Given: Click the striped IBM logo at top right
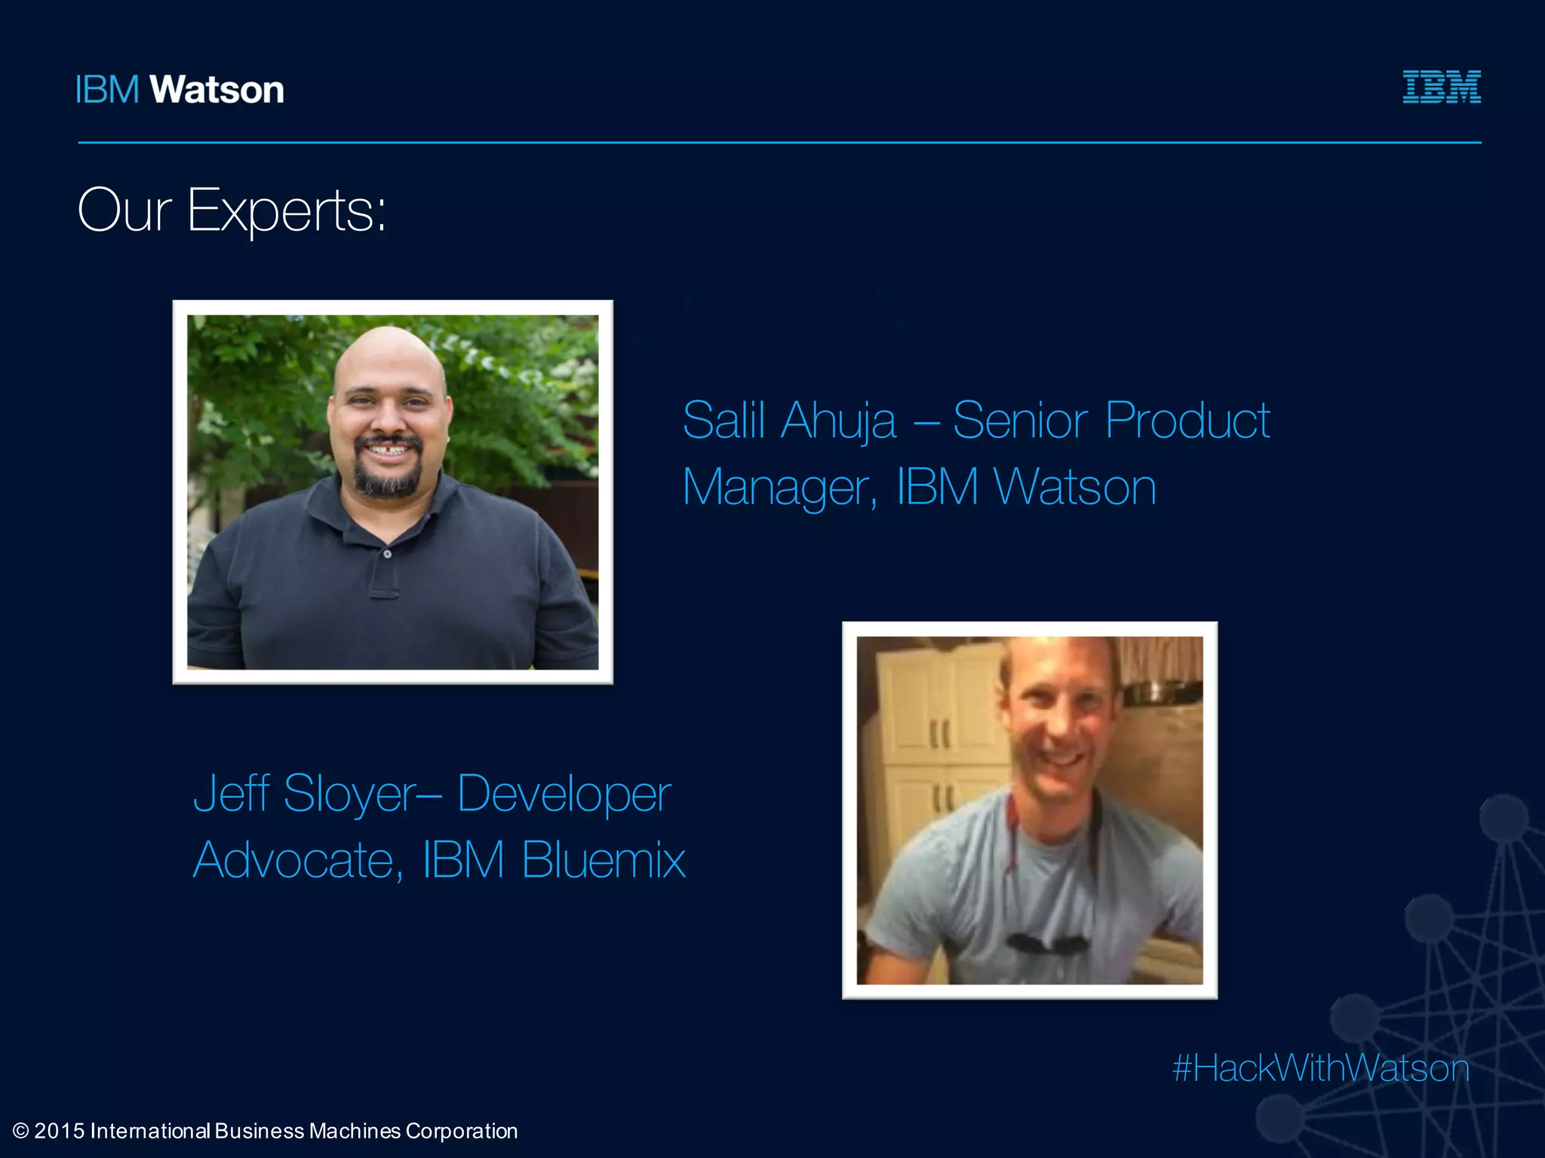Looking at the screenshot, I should pos(1442,87).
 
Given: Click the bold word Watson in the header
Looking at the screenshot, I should pos(217,90).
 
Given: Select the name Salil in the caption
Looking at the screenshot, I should pos(723,420).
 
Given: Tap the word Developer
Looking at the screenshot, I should pos(564,795).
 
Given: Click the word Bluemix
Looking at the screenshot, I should pos(604,859).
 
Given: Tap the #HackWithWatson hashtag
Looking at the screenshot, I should pos(1321,1068).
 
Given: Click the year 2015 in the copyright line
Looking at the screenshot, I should pos(59,1131).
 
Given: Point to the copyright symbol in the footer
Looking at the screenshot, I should pos(21,1131).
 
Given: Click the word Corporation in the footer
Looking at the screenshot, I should pos(462,1132).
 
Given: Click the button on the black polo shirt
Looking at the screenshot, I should pos(387,554).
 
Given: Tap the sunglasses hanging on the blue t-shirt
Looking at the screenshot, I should pos(1048,943).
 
